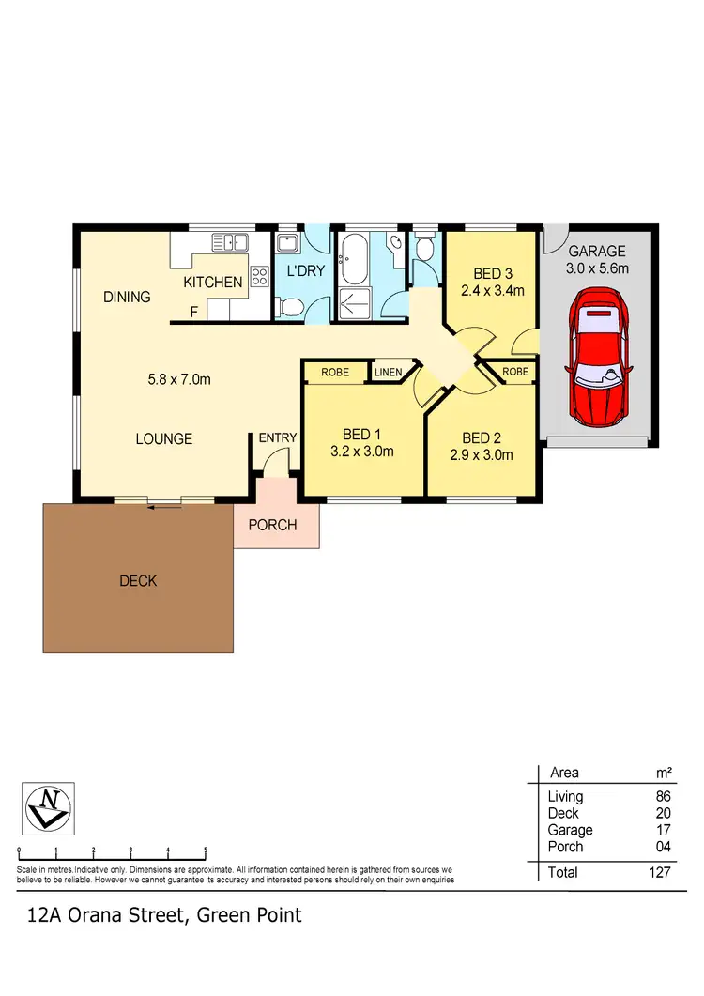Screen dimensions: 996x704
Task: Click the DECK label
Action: tap(138, 581)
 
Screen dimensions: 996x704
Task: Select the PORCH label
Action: tap(272, 525)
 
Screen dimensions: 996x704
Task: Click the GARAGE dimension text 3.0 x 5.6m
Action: tap(597, 268)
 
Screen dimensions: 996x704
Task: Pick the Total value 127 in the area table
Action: tap(659, 873)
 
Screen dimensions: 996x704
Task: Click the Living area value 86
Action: tap(663, 797)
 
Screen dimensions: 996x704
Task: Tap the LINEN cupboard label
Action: tap(388, 373)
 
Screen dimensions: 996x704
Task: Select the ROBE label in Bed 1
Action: tap(335, 373)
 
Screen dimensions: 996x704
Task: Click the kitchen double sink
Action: tap(228, 242)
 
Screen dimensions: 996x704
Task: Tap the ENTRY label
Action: tap(278, 437)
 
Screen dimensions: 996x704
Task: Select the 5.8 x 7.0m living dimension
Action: tap(179, 380)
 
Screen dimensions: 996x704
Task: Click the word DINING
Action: tap(127, 298)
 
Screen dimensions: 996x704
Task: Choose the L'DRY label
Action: tap(304, 272)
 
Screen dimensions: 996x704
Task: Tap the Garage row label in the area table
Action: tap(570, 830)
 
